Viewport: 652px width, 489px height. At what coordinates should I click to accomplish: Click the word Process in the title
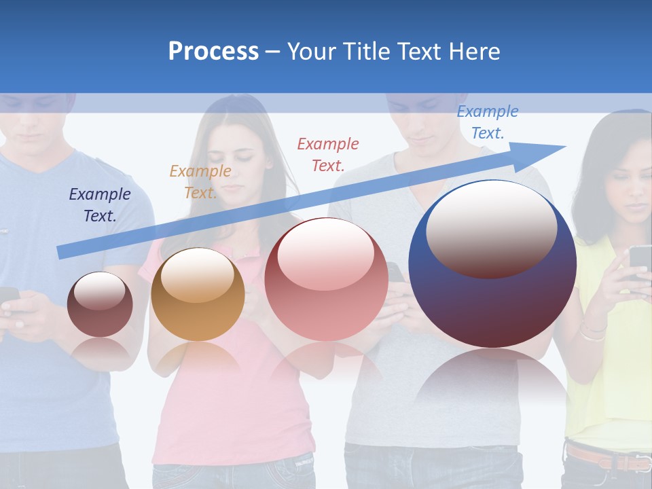tap(213, 51)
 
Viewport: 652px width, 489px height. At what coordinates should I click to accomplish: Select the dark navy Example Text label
tap(100, 204)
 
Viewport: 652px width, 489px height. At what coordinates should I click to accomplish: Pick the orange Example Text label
tap(200, 181)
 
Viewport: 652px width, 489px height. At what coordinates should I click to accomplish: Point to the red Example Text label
tap(328, 154)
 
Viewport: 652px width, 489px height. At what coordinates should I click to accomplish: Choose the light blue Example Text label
tap(488, 122)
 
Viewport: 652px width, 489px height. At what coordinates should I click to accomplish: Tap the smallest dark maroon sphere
tap(100, 304)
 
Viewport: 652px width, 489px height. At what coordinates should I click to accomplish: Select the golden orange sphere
tap(198, 294)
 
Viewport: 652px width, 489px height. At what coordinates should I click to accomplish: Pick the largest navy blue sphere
tap(492, 306)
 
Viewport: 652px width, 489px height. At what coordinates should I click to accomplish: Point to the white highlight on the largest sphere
tap(492, 228)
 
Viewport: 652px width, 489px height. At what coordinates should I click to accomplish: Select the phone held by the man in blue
tap(7, 296)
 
